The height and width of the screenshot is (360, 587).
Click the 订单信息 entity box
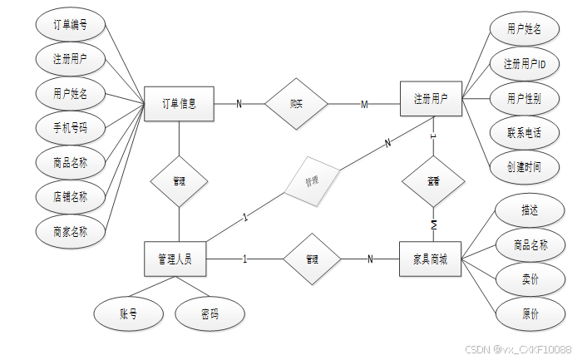pyautogui.click(x=179, y=103)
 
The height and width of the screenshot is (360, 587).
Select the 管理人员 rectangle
pyautogui.click(x=175, y=259)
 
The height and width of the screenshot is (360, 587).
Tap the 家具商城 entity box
pyautogui.click(x=431, y=259)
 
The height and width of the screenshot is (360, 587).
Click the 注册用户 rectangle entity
pyautogui.click(x=431, y=99)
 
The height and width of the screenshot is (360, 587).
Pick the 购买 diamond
pyautogui.click(x=296, y=104)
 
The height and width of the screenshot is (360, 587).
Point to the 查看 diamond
pyautogui.click(x=433, y=180)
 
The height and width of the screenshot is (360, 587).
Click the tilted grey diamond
pyautogui.click(x=312, y=180)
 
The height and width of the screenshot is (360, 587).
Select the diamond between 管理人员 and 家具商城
pyautogui.click(x=313, y=259)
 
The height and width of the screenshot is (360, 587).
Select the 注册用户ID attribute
pyautogui.click(x=525, y=63)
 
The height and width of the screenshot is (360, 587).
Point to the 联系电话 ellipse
pyautogui.click(x=525, y=132)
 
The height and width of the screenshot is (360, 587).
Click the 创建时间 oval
pyautogui.click(x=525, y=166)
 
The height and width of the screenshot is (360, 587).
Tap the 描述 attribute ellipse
pyautogui.click(x=529, y=210)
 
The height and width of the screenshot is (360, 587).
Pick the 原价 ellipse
pyautogui.click(x=529, y=314)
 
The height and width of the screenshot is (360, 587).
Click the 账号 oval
pyautogui.click(x=129, y=313)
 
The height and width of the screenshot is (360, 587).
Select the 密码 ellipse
pyautogui.click(x=210, y=313)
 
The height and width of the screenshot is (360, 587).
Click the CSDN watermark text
pyautogui.click(x=517, y=349)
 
